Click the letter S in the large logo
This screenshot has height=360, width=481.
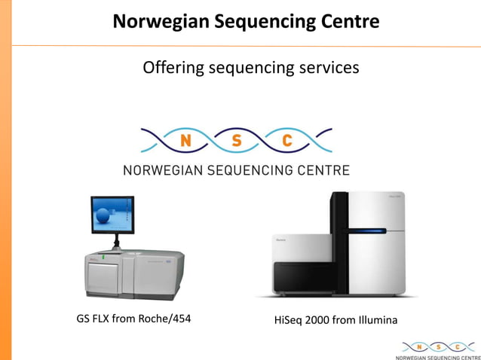coord(236,140)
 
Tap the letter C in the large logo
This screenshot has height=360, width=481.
coord(287,140)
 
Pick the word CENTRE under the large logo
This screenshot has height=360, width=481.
coord(323,170)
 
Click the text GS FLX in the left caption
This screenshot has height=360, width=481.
coord(95,319)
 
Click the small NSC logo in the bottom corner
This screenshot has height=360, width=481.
coord(436,347)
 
